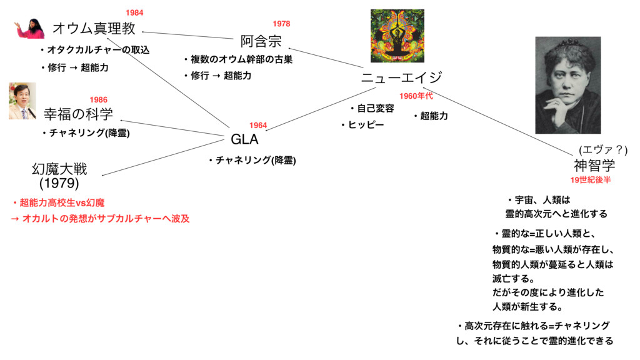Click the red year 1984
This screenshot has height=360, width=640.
(134, 12)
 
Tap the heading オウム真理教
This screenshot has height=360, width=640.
(94, 28)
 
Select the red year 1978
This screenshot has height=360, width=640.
(281, 24)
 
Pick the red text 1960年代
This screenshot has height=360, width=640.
(416, 96)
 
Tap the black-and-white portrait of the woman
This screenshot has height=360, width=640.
(567, 84)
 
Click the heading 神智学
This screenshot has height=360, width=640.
(594, 166)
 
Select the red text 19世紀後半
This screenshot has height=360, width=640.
(590, 180)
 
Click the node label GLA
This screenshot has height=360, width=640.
(244, 139)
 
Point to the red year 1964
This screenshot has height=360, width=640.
(258, 126)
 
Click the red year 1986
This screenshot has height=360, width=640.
(98, 99)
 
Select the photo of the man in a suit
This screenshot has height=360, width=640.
(22, 101)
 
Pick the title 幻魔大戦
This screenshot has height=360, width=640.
(59, 169)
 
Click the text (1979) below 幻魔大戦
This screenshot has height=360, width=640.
(59, 184)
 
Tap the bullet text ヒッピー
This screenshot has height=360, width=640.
(366, 125)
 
